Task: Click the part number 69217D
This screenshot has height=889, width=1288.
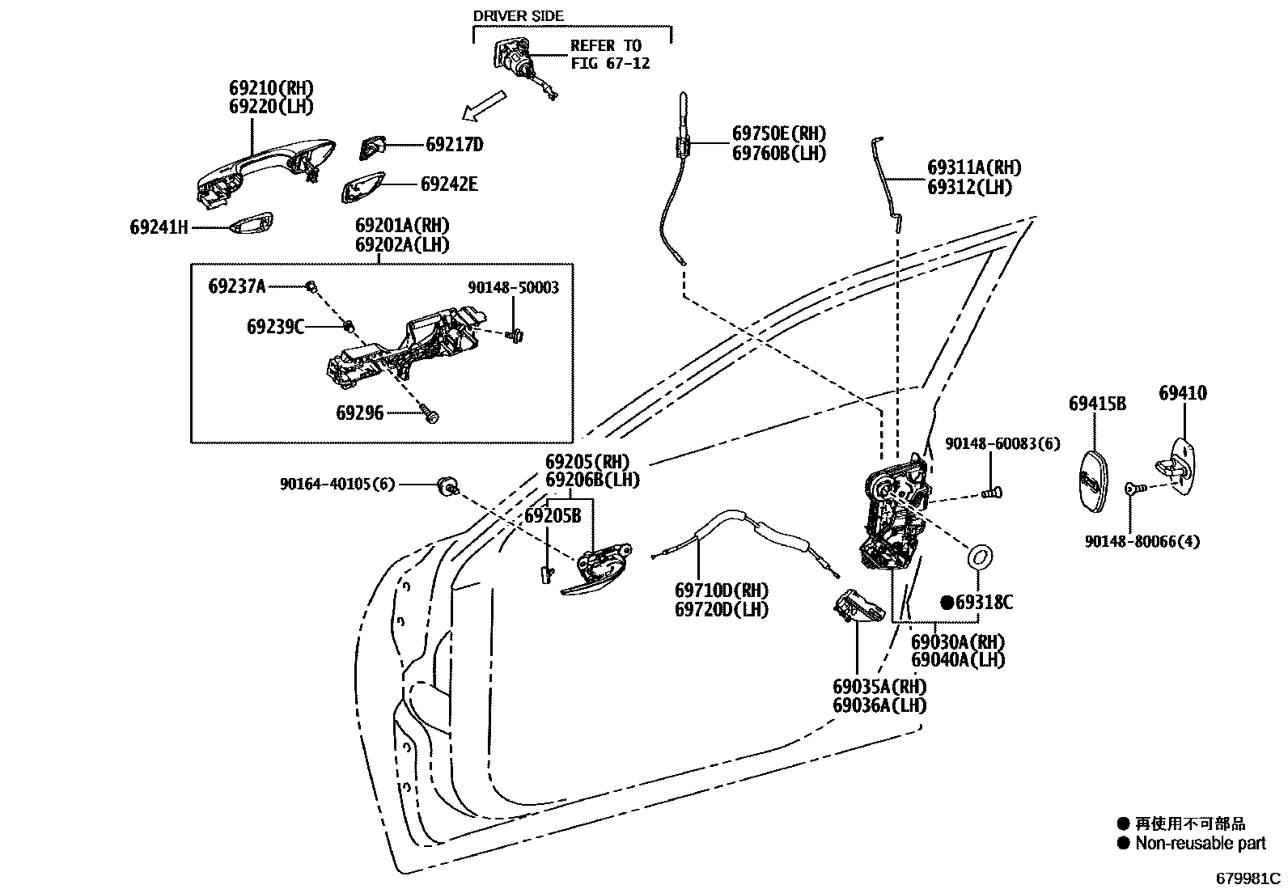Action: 454,145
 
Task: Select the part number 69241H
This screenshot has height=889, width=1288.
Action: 159,227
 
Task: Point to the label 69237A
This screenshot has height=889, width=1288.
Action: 236,286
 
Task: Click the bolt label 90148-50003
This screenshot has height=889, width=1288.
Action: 513,287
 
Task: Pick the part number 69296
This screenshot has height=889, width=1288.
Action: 359,413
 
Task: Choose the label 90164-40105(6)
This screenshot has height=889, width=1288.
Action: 337,484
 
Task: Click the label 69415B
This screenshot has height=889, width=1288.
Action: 1097,404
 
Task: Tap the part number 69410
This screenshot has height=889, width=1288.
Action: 1182,393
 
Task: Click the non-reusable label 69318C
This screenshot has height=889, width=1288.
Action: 983,603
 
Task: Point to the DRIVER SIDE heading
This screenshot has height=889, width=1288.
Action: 518,16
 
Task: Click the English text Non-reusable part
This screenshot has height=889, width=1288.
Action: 1200,844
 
